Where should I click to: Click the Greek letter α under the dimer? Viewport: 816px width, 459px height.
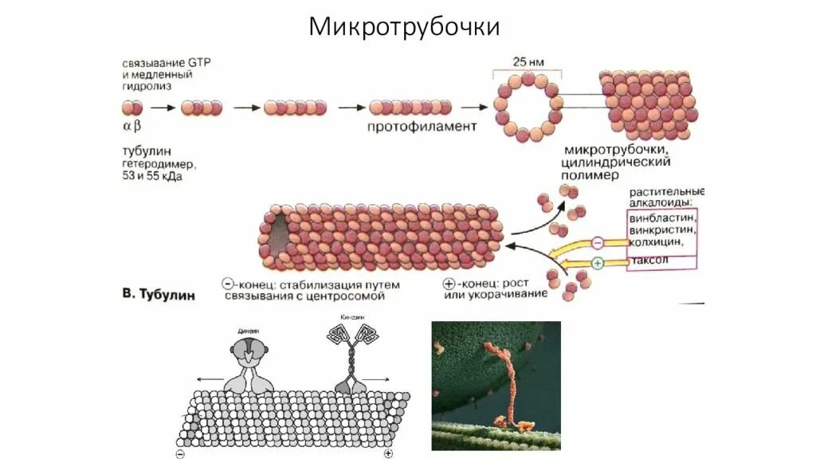(125, 127)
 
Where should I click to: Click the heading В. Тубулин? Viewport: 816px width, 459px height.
(159, 295)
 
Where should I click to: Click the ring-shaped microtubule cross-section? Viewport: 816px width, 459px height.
(524, 108)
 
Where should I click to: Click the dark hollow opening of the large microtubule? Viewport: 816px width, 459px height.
(276, 237)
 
